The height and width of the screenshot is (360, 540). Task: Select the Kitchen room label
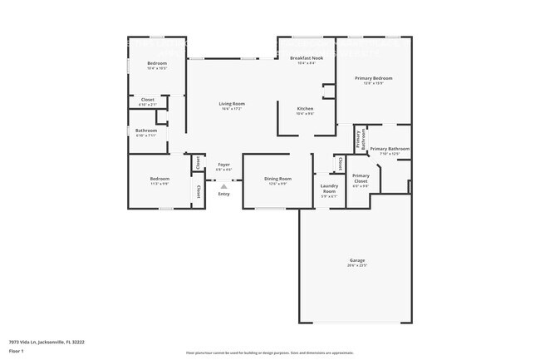click(x=305, y=109)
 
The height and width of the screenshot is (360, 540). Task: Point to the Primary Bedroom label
click(x=373, y=78)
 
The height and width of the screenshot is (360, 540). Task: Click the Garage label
click(x=357, y=262)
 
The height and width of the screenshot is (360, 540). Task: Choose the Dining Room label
click(x=277, y=179)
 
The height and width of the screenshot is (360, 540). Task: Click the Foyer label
click(x=224, y=165)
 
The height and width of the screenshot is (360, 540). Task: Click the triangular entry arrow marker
click(x=224, y=185)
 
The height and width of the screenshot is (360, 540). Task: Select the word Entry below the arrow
click(x=224, y=194)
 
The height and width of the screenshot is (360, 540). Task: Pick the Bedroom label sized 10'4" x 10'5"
click(x=157, y=64)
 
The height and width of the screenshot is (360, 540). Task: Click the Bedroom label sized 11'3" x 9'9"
click(x=160, y=179)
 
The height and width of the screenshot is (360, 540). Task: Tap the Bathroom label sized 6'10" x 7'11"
click(x=146, y=131)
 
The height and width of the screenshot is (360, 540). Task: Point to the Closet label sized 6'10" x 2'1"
click(x=147, y=100)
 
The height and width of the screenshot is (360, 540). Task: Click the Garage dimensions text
click(x=357, y=267)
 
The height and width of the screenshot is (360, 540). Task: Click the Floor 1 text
click(x=17, y=351)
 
